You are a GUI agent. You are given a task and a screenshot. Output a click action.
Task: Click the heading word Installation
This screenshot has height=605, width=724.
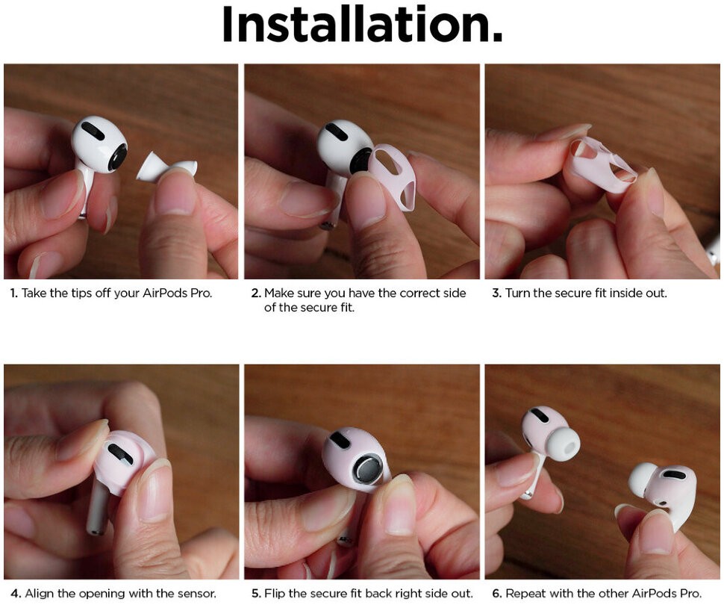(361, 24)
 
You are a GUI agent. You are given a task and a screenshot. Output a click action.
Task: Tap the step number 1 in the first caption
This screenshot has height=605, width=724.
(13, 293)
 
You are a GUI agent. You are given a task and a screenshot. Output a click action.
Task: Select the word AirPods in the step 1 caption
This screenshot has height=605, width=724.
(164, 293)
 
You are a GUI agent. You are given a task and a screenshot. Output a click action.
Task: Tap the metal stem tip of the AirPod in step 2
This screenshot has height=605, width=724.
(328, 225)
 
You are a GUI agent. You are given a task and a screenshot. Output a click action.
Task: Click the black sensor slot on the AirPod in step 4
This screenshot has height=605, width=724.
(120, 453)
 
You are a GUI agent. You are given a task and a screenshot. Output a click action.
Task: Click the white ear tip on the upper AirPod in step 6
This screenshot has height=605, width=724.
(560, 446)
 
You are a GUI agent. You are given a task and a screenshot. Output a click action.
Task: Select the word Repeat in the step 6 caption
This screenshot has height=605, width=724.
(525, 594)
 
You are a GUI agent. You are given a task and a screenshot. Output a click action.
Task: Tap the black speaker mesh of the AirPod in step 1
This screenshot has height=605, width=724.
(118, 157)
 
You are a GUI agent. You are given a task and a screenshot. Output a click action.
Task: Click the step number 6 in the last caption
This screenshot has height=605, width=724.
(496, 594)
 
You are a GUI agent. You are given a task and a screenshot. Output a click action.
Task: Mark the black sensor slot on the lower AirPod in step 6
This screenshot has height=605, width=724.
(673, 474)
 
